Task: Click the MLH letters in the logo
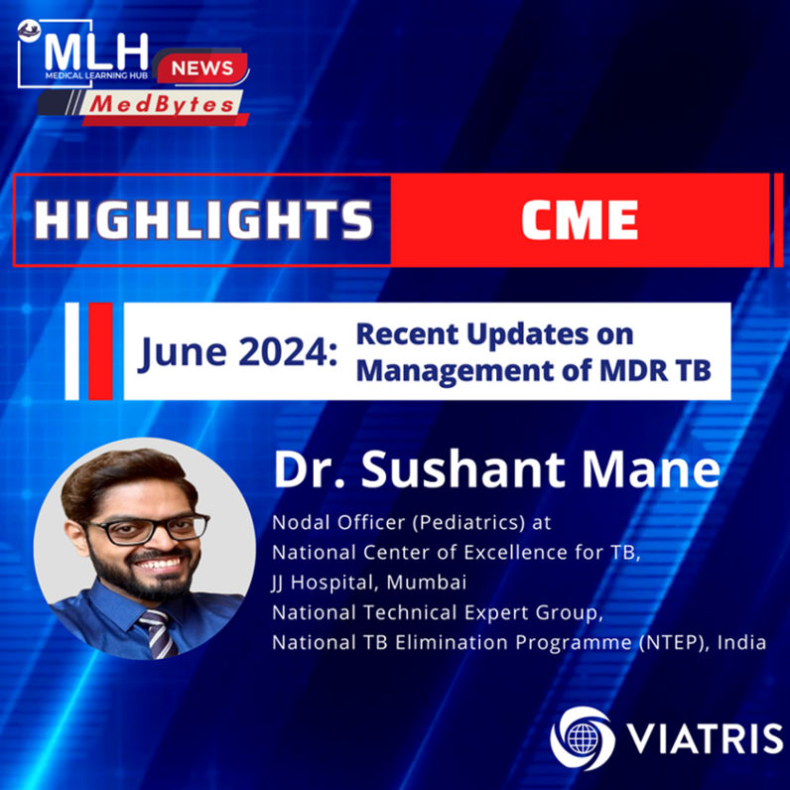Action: (96, 52)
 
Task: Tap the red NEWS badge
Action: (202, 68)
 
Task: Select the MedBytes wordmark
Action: (162, 104)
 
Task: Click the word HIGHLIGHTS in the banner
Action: (203, 219)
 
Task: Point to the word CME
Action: (580, 219)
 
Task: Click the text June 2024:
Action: (239, 352)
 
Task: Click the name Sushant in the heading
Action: (463, 469)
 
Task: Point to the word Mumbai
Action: (426, 583)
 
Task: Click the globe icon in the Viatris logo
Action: (583, 739)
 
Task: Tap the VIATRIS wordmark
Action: (705, 739)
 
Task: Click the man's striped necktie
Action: (159, 633)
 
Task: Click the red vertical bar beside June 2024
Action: (100, 351)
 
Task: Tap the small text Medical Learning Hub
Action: (96, 75)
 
